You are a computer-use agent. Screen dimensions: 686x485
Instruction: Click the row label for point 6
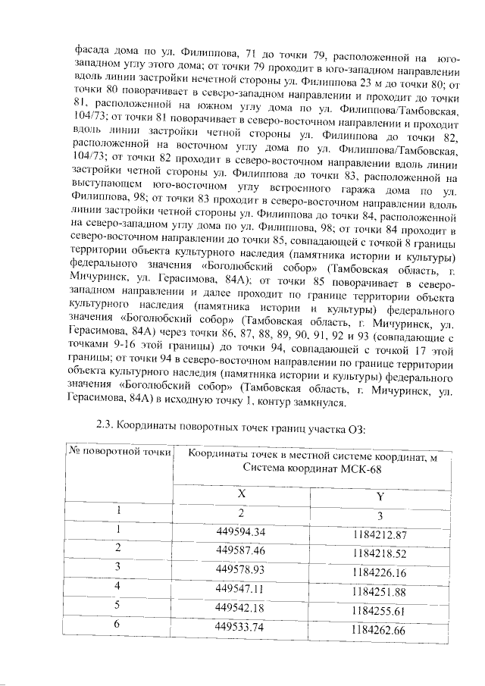coord(118,624)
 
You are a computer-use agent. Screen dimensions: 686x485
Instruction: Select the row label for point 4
coord(118,585)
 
